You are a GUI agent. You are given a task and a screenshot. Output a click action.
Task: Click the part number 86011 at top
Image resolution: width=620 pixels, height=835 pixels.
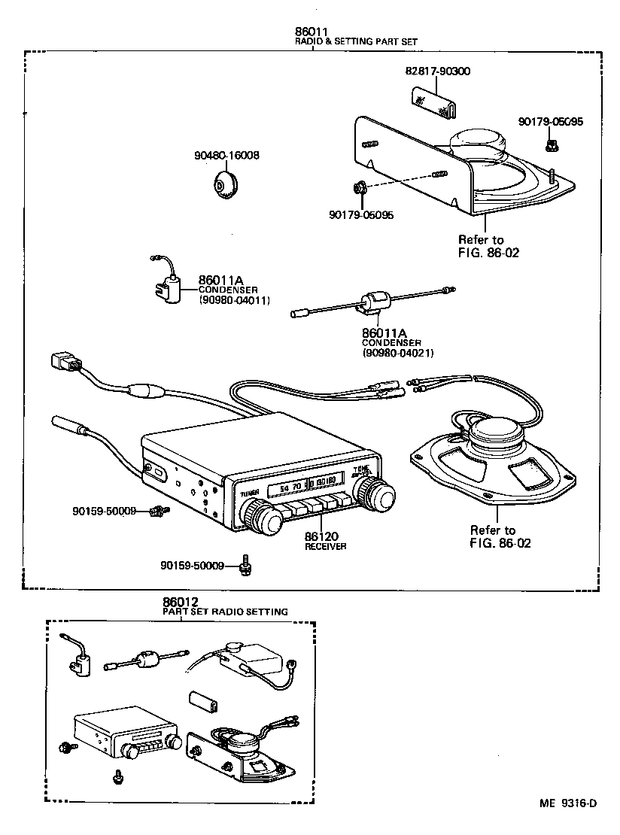(x=311, y=32)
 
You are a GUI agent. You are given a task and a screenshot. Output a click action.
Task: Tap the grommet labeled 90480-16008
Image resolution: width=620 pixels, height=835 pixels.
(x=225, y=185)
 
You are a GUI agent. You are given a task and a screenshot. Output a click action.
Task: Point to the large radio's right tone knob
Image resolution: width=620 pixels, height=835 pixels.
(x=376, y=495)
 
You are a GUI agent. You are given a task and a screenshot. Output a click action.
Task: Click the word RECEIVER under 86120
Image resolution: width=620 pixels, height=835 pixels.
(x=325, y=547)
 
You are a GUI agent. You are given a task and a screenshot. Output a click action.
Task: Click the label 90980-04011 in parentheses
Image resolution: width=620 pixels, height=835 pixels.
(x=234, y=300)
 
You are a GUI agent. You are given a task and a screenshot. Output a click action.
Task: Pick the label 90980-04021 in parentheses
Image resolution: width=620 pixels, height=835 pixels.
(x=397, y=353)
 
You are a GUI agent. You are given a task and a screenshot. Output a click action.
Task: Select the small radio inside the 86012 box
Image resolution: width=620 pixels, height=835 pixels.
(x=124, y=733)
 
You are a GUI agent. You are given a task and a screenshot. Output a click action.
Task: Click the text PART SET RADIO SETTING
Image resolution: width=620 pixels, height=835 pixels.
(x=225, y=612)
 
